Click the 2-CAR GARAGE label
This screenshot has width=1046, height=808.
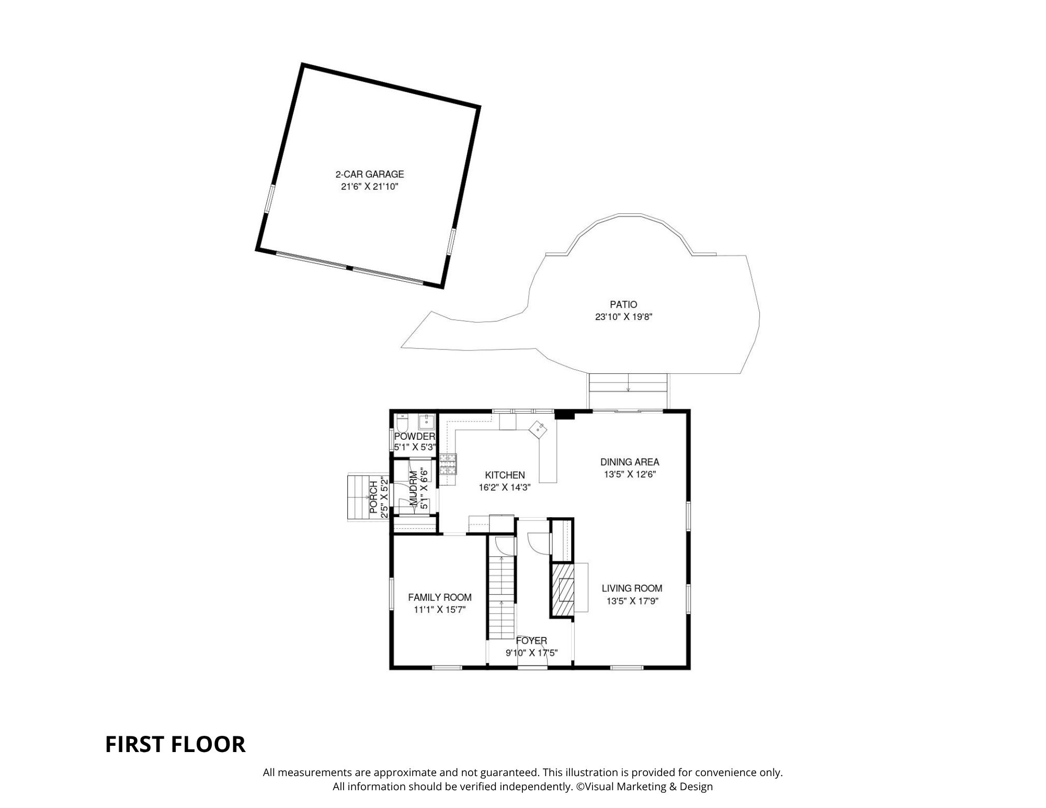coord(370,174)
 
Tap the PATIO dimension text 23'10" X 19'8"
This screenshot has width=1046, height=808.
coord(623,317)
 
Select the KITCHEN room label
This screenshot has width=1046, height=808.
coord(505,475)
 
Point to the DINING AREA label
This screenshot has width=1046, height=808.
coord(630,462)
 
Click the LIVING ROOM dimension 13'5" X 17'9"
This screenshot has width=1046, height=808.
coord(632,601)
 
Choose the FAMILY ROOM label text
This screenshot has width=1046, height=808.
coord(440,597)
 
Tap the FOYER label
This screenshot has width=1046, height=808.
coord(531,641)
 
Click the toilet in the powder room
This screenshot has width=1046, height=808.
coord(402,422)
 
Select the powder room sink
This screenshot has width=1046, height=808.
coord(427,422)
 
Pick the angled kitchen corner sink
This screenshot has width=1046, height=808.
coord(539,430)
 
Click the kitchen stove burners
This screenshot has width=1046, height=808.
coord(448,464)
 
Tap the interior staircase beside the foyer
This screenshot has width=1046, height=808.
coord(502,597)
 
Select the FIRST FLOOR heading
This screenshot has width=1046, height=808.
coord(175,744)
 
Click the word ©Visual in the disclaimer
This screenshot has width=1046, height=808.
coord(594,787)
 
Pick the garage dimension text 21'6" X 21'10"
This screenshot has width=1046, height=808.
coord(370,187)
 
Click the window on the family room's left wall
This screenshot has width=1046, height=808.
coord(392,593)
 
